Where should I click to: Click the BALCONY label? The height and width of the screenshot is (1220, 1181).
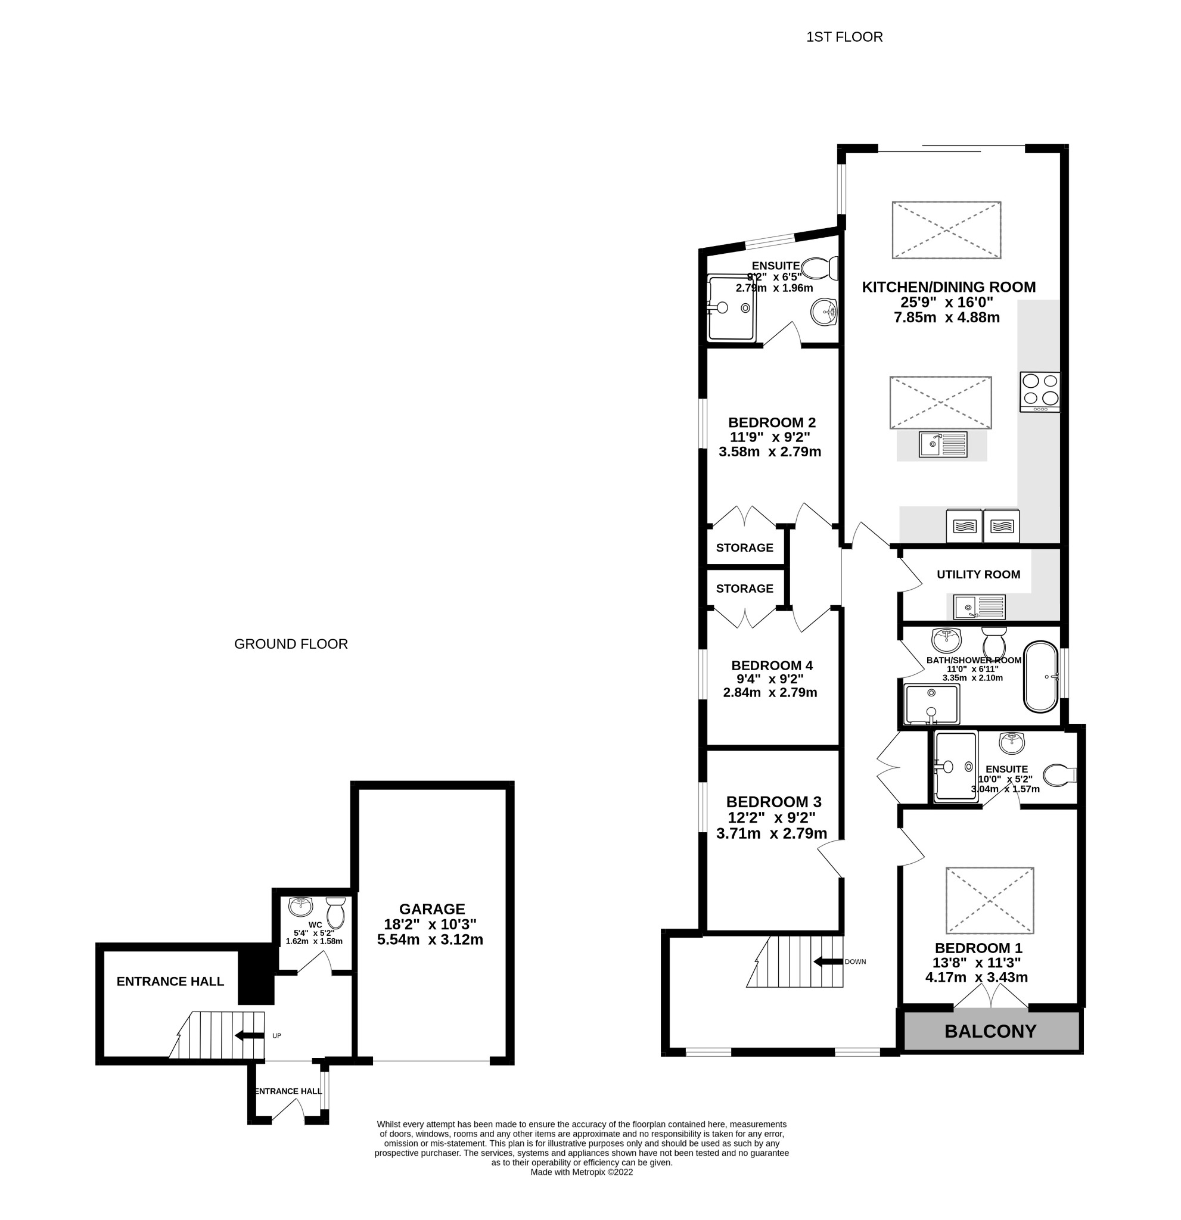990,1031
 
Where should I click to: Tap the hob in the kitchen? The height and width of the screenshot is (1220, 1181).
1039,391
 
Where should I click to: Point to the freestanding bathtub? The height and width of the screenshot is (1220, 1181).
1040,677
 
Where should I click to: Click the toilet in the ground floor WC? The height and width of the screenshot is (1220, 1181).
335,912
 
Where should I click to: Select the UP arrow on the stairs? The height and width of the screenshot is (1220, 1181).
248,1036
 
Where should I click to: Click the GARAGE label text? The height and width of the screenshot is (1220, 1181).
431,909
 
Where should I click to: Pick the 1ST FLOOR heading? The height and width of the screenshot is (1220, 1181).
844,38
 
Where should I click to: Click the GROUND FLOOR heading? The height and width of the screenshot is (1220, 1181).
291,644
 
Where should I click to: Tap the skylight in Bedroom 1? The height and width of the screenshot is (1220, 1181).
989,900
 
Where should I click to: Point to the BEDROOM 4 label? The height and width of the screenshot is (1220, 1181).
772,665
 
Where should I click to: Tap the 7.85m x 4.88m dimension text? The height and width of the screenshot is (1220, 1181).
946,318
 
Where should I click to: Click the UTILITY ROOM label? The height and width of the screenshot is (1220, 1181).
978,574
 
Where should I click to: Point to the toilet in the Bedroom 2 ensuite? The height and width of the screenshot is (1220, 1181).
819,268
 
